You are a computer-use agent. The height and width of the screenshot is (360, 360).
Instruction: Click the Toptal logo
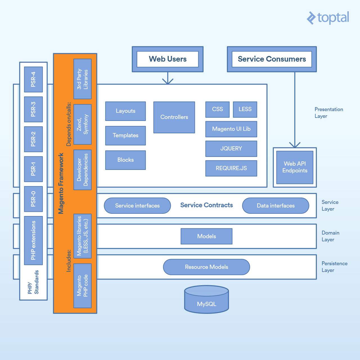click(x=328, y=18)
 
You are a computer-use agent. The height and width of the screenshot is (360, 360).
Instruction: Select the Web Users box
click(x=168, y=59)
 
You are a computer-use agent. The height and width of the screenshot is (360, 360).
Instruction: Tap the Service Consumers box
click(x=272, y=59)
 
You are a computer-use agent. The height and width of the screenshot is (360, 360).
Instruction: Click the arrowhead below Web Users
click(x=168, y=81)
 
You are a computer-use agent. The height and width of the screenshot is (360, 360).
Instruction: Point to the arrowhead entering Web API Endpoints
click(x=295, y=145)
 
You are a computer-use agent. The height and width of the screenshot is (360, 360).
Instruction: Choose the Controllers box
click(x=174, y=117)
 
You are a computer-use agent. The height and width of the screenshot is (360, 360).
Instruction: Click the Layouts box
click(x=125, y=111)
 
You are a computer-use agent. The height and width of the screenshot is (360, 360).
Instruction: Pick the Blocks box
click(x=125, y=160)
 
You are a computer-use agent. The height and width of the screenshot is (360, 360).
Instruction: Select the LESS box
click(x=245, y=109)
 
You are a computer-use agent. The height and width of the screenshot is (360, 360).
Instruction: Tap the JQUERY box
click(x=231, y=149)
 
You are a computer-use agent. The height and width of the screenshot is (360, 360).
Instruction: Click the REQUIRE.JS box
click(x=231, y=168)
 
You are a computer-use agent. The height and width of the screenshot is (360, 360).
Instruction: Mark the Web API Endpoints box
click(x=295, y=167)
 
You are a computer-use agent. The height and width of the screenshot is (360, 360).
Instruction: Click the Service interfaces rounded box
click(x=137, y=206)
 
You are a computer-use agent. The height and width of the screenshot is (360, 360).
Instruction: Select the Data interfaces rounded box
click(x=276, y=206)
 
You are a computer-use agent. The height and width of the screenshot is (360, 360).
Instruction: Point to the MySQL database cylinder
click(x=206, y=300)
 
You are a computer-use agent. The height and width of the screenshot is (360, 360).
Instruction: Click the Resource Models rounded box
click(x=206, y=267)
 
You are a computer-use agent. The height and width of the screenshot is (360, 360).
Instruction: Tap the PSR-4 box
click(x=33, y=79)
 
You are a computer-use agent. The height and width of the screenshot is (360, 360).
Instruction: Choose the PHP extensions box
click(x=33, y=240)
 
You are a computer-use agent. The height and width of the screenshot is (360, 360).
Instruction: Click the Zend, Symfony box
click(x=82, y=124)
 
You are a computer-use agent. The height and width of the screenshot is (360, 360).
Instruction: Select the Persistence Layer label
click(x=334, y=267)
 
